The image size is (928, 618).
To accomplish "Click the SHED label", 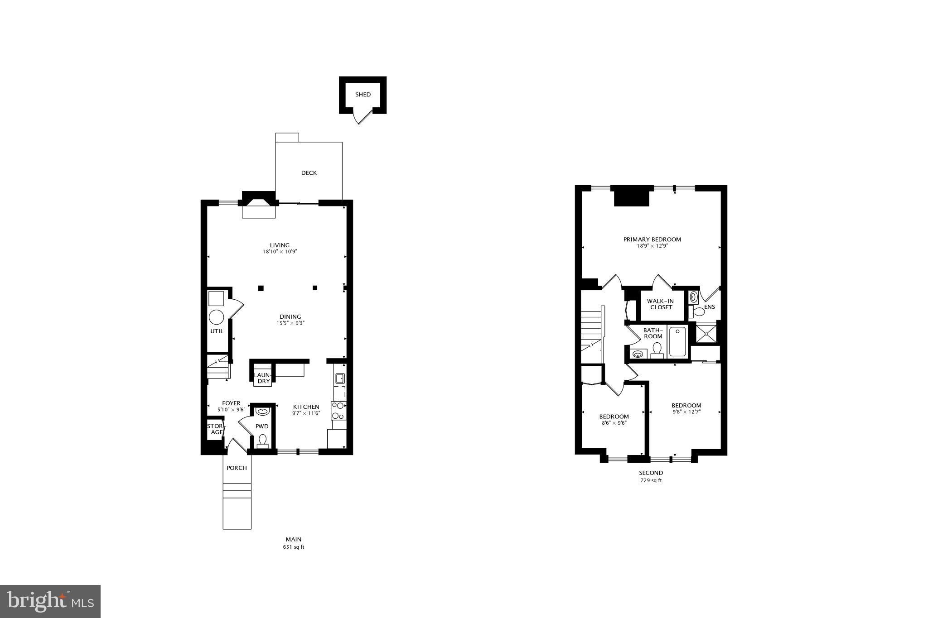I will pos(362,95).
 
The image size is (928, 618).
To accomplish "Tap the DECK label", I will pos(309,173).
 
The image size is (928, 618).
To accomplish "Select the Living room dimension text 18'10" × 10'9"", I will pos(280,252).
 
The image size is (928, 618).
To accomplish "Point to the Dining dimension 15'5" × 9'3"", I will pos(290,323).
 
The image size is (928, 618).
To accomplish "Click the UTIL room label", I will pos(217,331).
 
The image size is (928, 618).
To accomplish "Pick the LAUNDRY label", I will pos(263,378).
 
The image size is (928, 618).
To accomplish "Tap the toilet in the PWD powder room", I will pos(262,440).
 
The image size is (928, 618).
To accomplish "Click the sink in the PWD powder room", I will pos(262,412).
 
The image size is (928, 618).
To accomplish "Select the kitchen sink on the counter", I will pos(339,378).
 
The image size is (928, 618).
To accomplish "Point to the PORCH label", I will pos(237,468).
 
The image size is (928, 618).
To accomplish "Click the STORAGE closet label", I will pos(216,429).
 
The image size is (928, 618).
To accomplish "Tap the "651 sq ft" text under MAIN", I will pos(294,547).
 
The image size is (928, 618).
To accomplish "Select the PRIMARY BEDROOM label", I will pos(652,240).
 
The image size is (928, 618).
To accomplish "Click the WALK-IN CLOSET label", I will pos(661,304).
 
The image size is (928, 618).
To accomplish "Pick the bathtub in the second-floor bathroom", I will pos(677,342).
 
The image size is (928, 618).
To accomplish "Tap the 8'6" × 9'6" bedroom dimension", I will pos(614,423).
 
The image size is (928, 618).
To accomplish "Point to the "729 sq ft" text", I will pos(651,480).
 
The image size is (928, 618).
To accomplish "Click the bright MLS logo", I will pos(50,602).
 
